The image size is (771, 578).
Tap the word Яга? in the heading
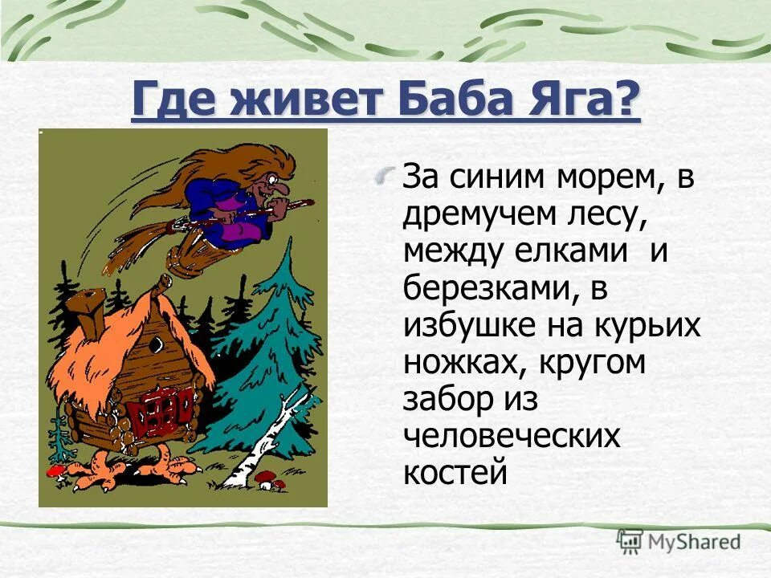click(587, 102)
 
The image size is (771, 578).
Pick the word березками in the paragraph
click(487, 288)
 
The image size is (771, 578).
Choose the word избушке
click(475, 325)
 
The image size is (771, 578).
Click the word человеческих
click(511, 436)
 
